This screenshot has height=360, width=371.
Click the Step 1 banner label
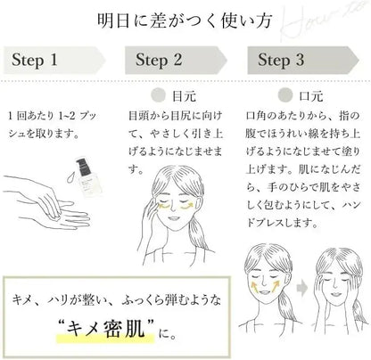35,60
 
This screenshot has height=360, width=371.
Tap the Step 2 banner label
159,60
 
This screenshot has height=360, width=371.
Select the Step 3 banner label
281,60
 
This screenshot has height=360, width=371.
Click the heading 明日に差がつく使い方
185,20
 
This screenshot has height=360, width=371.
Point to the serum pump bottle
87,177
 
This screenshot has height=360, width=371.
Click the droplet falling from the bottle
70,177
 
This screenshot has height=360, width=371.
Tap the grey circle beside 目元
158,95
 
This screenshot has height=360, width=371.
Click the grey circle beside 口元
284,95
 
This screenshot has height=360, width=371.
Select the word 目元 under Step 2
184,96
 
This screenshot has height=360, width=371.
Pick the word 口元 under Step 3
310,96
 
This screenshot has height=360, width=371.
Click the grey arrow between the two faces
302,289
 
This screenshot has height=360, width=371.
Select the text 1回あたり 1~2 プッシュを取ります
53,125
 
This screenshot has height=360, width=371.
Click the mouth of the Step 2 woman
173,218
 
